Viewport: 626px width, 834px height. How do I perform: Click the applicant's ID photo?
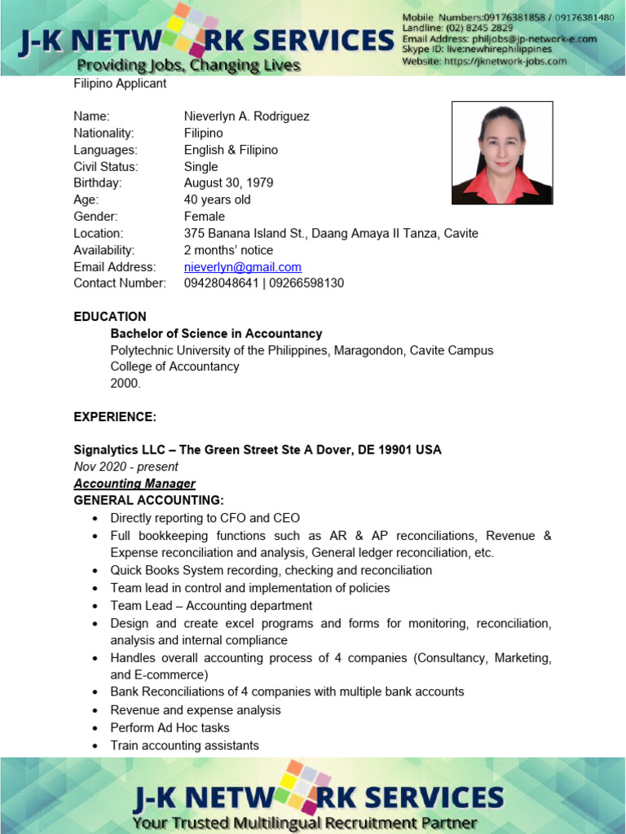point(502,152)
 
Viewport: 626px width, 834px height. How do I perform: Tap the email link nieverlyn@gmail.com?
point(243,267)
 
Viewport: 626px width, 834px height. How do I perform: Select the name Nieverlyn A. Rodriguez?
point(246,116)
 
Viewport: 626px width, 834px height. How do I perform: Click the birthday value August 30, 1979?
point(228,183)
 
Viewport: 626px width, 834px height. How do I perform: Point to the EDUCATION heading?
point(110,317)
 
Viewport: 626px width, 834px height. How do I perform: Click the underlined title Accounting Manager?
point(134,484)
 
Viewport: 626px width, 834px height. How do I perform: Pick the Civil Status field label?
point(106,167)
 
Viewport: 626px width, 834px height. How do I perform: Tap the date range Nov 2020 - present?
point(126,467)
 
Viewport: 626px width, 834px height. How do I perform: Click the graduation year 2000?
point(126,384)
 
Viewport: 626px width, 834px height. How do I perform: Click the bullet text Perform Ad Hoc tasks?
point(170,728)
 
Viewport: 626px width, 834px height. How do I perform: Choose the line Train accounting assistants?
point(184,746)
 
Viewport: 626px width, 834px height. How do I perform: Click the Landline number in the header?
point(457,28)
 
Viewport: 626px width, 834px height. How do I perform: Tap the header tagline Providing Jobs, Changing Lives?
point(188,65)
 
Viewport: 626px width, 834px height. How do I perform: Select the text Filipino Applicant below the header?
point(120,84)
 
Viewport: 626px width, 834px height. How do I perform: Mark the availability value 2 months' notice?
point(228,250)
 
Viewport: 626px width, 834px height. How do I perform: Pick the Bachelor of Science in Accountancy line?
point(216,334)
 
